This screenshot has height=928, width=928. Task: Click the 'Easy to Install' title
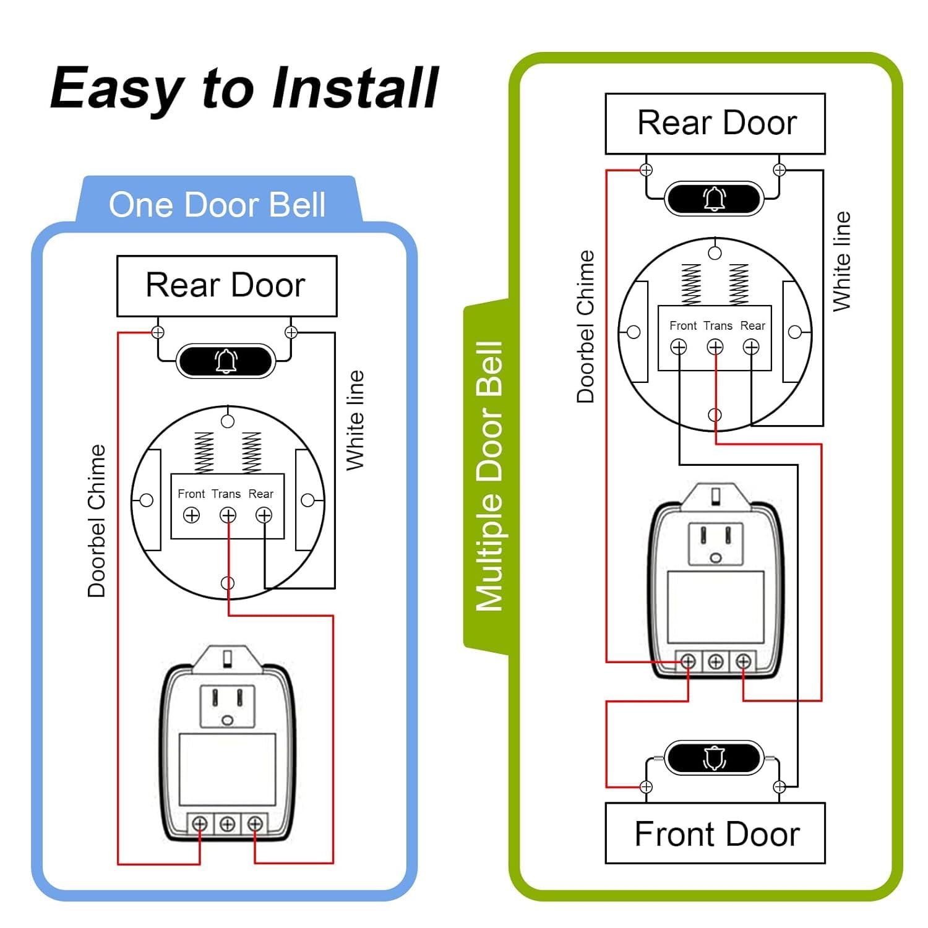click(x=244, y=88)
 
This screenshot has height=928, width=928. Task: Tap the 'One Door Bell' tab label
click(x=217, y=205)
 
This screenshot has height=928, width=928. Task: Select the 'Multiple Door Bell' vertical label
click(x=489, y=476)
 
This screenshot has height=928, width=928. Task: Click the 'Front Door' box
click(x=715, y=833)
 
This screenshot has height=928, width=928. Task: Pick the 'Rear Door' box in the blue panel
click(x=226, y=286)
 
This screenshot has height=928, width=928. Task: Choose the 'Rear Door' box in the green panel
click(x=715, y=123)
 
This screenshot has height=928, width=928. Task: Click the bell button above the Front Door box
click(x=714, y=758)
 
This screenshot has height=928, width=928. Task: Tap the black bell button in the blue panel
click(x=226, y=361)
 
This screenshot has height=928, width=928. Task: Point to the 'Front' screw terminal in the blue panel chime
click(x=192, y=515)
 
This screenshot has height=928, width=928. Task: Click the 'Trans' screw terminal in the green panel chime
click(x=715, y=348)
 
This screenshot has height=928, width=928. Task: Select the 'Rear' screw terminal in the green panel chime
click(x=751, y=348)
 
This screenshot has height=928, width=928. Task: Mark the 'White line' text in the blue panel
click(x=355, y=421)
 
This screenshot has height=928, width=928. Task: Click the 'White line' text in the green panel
click(x=842, y=262)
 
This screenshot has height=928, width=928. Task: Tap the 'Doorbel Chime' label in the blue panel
click(x=97, y=521)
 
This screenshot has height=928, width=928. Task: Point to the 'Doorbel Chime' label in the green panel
click(x=585, y=327)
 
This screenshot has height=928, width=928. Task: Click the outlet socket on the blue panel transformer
click(x=227, y=705)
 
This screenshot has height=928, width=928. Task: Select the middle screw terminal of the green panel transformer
click(x=715, y=662)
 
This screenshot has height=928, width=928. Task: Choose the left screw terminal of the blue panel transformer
click(x=199, y=824)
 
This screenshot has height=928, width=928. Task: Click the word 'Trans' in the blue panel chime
click(x=226, y=494)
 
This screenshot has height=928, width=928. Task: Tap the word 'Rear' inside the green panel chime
click(x=752, y=326)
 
